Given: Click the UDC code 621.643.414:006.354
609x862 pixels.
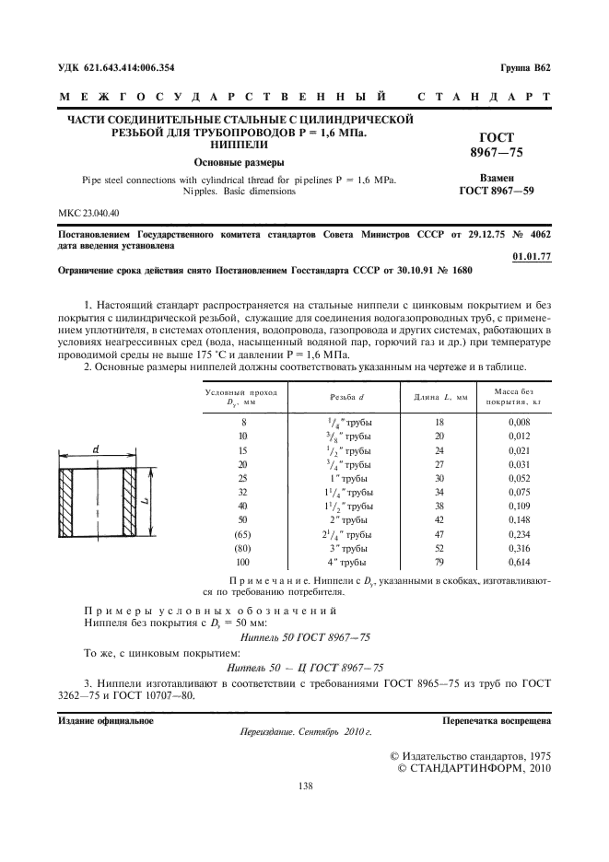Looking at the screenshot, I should tap(116, 68).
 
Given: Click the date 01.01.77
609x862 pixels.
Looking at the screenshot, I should tap(531, 256).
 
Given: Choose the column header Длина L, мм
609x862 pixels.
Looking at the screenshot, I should tap(435, 396).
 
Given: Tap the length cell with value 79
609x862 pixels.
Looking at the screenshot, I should tap(439, 561).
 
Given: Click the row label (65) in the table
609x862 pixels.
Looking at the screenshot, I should tap(242, 533).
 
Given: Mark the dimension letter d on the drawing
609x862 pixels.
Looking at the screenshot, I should tap(97, 449).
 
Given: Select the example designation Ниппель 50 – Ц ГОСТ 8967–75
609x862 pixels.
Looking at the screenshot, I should tap(304, 668).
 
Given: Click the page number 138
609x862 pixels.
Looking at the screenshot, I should tap(305, 786).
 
